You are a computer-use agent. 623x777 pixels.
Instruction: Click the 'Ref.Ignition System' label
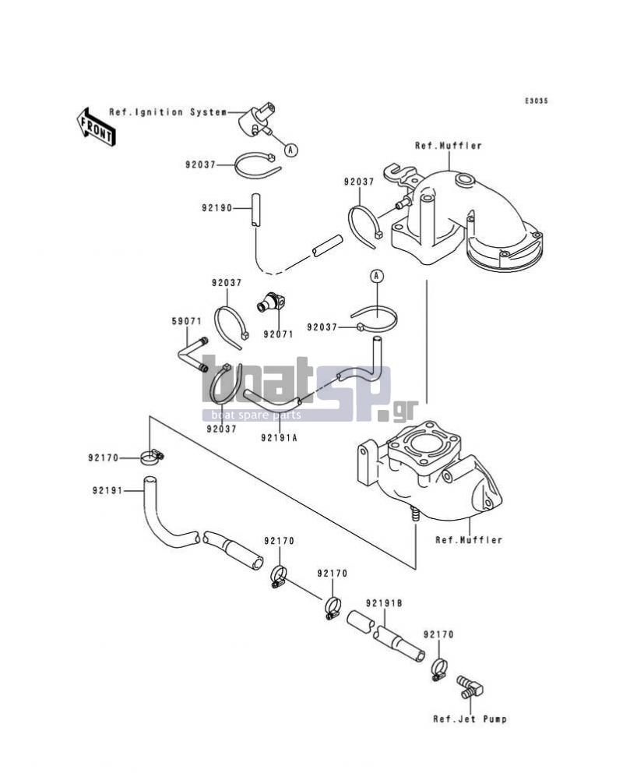pyautogui.click(x=168, y=112)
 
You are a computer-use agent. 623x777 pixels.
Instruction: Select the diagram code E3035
pyautogui.click(x=537, y=101)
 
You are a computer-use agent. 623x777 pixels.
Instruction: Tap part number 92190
pyautogui.click(x=217, y=208)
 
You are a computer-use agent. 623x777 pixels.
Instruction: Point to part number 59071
pyautogui.click(x=187, y=321)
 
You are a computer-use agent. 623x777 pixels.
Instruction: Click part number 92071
pyautogui.click(x=278, y=334)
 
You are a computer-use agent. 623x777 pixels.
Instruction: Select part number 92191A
pyautogui.click(x=280, y=437)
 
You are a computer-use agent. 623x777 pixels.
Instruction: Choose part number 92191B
pyautogui.click(x=384, y=603)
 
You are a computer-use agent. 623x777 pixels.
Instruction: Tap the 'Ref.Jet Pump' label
pyautogui.click(x=470, y=719)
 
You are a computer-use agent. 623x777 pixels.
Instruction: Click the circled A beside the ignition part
pyautogui.click(x=291, y=149)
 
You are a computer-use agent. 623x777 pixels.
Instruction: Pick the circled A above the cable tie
pyautogui.click(x=377, y=275)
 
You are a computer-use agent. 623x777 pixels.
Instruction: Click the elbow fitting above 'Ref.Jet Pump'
pyautogui.click(x=470, y=687)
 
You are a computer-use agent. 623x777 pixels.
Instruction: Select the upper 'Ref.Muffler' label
pyautogui.click(x=449, y=146)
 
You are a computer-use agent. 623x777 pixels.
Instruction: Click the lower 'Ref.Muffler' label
pyautogui.click(x=469, y=539)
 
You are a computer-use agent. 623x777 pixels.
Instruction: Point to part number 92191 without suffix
pyautogui.click(x=107, y=491)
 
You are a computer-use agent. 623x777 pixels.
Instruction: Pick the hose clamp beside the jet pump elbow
pyautogui.click(x=438, y=670)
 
